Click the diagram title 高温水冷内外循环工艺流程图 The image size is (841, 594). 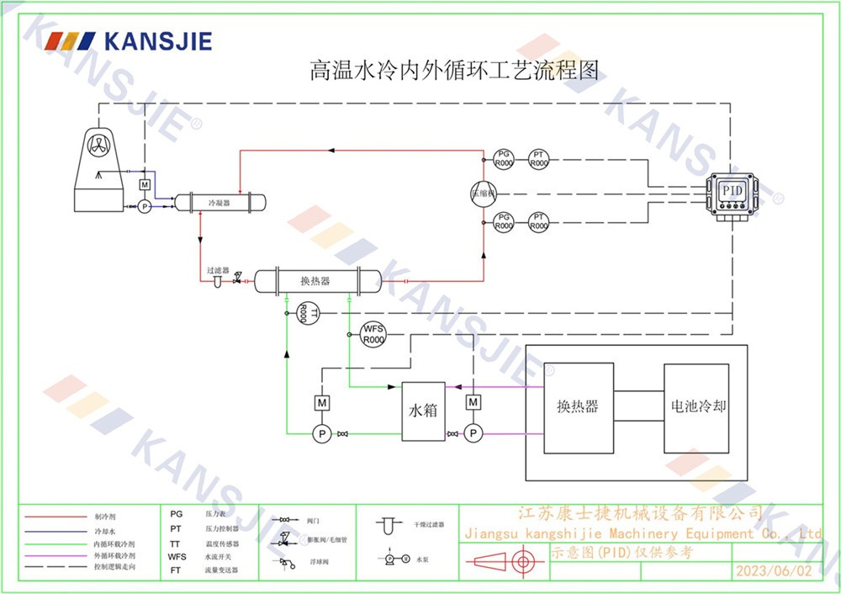coord(455,70)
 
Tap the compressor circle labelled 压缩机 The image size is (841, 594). coord(484,194)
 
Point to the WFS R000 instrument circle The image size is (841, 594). coord(373,334)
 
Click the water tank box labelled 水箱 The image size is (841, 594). coord(423,411)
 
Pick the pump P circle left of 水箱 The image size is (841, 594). coord(321,433)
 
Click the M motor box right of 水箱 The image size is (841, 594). coord(473,403)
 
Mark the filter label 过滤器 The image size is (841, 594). coord(218,270)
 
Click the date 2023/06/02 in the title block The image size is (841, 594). coord(775,571)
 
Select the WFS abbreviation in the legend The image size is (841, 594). coord(177,556)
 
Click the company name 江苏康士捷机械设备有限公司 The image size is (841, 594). coord(640,512)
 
